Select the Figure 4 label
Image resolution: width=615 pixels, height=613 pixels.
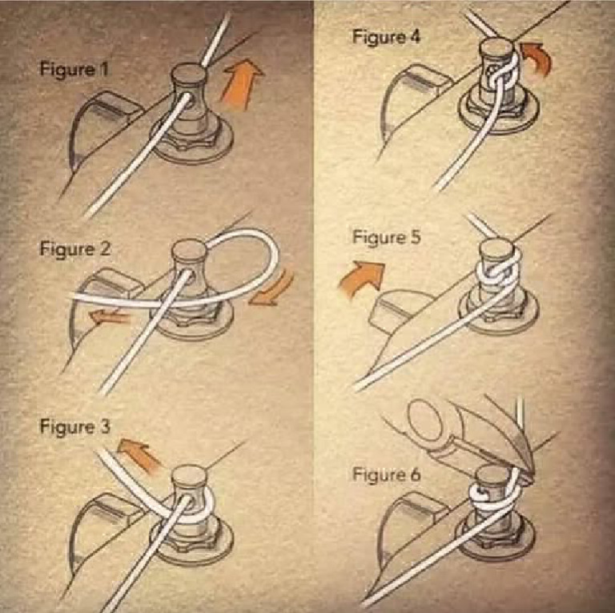pos(387,38)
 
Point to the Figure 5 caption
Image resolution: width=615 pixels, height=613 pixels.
pos(387,238)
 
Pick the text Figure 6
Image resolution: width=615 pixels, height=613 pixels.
pos(387,475)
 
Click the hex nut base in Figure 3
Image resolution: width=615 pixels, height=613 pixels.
pos(192,545)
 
